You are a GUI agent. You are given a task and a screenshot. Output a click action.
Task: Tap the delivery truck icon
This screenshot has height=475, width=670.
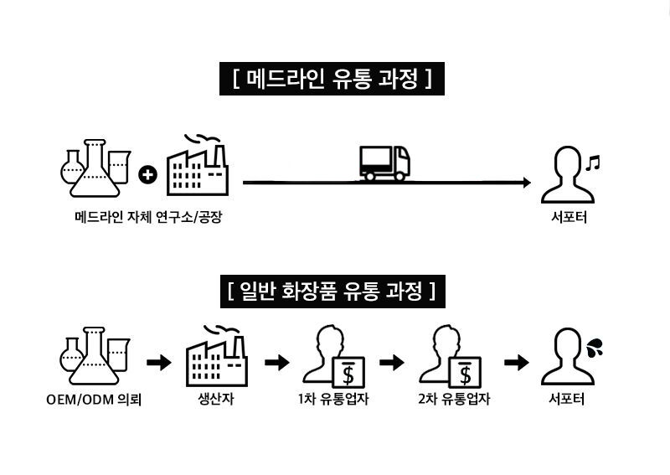[x=384, y=163]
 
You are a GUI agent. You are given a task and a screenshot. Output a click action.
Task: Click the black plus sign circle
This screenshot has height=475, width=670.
[x=148, y=174]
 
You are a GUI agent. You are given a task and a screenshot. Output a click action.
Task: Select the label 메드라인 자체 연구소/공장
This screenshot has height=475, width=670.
[x=149, y=219]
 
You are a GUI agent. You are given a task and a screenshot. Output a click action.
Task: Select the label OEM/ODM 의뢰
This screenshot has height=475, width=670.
[x=94, y=400]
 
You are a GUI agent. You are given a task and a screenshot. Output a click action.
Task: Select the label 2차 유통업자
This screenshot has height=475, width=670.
[x=453, y=400]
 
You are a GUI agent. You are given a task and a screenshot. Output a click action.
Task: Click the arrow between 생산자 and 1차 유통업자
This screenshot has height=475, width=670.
[x=276, y=363]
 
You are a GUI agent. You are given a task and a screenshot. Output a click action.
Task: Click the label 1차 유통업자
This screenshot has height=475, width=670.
[x=333, y=400]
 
